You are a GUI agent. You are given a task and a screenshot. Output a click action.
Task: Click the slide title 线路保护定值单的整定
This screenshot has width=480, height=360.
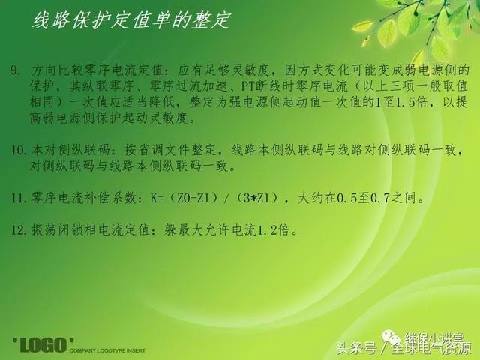click(x=130, y=20)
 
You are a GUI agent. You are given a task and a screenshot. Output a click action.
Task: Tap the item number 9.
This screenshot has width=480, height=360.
click(x=15, y=70)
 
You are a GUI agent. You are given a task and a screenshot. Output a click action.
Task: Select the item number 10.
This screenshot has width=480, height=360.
click(x=18, y=150)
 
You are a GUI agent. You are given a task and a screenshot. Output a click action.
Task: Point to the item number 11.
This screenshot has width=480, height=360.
click(x=18, y=198)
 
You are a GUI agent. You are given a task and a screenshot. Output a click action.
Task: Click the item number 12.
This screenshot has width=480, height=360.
click(x=18, y=230)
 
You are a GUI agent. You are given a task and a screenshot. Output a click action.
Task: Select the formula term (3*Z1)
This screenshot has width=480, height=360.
click(x=258, y=198)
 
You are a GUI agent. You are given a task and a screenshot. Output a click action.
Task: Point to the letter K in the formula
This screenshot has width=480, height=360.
click(x=153, y=198)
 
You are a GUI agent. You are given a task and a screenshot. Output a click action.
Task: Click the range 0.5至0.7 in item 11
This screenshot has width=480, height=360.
click(x=363, y=198)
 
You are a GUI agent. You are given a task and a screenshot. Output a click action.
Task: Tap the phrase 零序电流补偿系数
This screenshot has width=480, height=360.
click(x=83, y=198)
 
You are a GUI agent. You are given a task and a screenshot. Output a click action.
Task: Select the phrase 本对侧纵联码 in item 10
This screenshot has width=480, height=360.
click(x=70, y=150)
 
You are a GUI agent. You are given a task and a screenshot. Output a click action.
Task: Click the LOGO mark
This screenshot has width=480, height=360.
click(x=43, y=345)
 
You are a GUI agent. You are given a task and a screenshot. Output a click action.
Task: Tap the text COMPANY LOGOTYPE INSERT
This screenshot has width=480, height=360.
click(x=107, y=350)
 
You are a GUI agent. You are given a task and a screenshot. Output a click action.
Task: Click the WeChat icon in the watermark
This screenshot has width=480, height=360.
click(x=391, y=337)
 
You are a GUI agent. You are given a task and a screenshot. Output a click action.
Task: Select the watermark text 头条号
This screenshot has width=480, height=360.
click(x=355, y=348)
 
